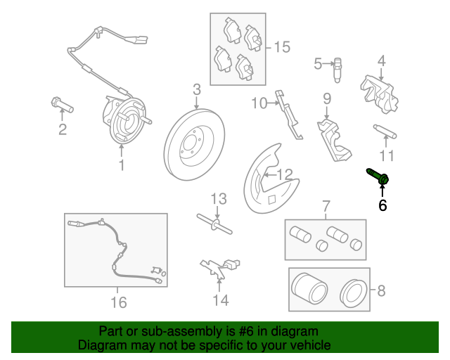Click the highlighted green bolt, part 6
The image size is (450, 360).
coord(378,176)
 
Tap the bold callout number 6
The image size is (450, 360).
coord(382,205)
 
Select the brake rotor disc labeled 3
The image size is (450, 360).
coord(194,144)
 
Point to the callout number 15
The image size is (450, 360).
coord(282,47)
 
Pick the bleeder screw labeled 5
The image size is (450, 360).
coord(337,70)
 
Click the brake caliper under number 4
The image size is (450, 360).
coord(380,94)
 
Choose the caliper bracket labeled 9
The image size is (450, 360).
coord(334,140)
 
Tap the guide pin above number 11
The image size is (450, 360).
coord(385,131)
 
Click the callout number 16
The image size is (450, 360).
coord(119,302)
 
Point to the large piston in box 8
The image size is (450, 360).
coord(309,289)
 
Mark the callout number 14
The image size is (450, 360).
coord(220,300)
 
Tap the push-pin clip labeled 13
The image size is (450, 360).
coord(214,224)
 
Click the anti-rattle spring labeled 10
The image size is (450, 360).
coord(288,114)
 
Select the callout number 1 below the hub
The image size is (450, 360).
coord(122,165)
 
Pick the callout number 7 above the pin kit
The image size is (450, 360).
coord(326,206)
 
